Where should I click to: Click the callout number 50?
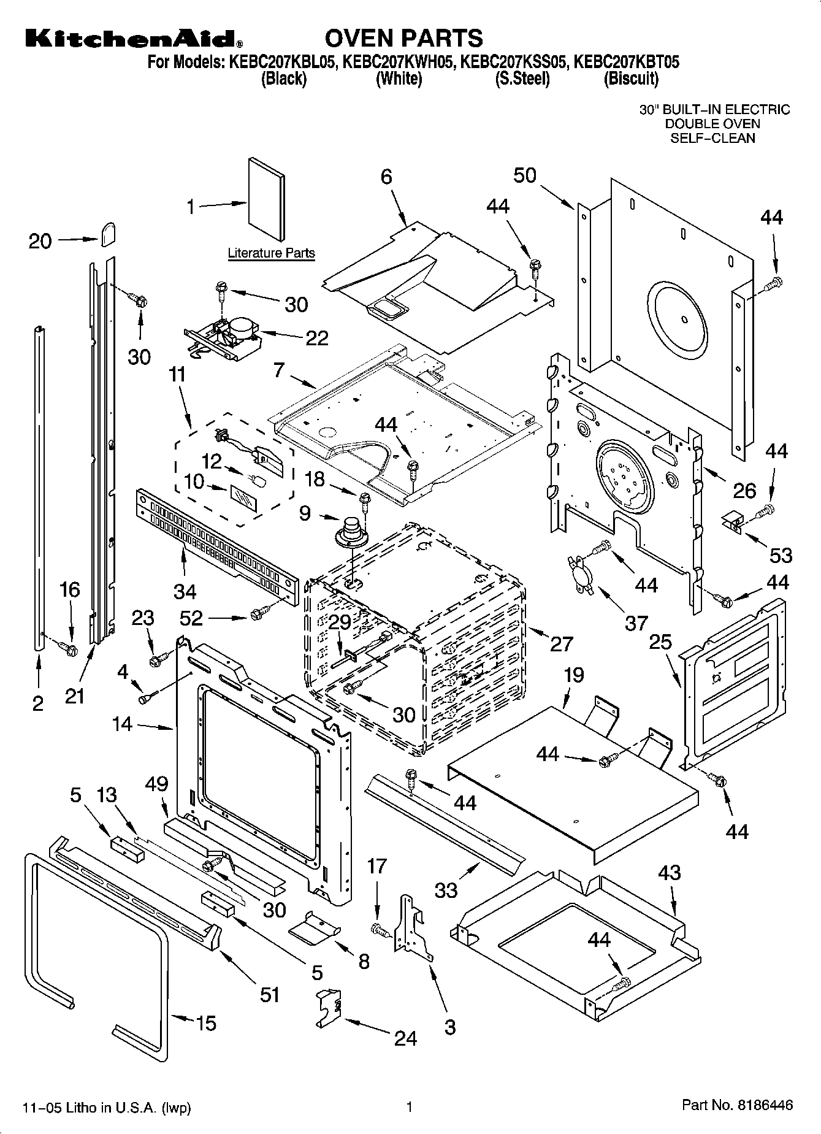(x=524, y=175)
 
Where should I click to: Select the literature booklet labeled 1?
(x=267, y=199)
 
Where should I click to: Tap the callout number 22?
(x=316, y=338)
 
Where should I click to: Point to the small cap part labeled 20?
(x=109, y=233)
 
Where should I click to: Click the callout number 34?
(x=185, y=591)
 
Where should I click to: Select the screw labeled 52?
(x=258, y=611)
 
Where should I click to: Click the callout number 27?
(x=561, y=643)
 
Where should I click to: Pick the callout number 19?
(x=574, y=675)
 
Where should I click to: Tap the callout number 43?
(x=669, y=872)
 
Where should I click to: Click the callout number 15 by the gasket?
(x=206, y=1022)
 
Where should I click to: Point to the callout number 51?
(x=270, y=995)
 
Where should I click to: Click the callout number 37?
(x=636, y=623)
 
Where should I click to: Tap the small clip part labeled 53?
(x=733, y=518)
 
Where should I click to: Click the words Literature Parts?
(x=271, y=253)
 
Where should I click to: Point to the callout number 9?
(x=305, y=513)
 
